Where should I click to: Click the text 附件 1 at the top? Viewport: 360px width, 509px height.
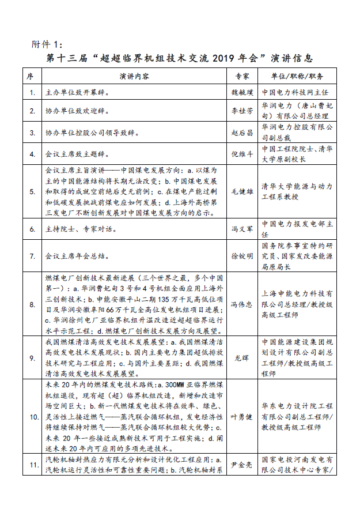49,44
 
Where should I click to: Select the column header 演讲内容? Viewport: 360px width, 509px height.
136,76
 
